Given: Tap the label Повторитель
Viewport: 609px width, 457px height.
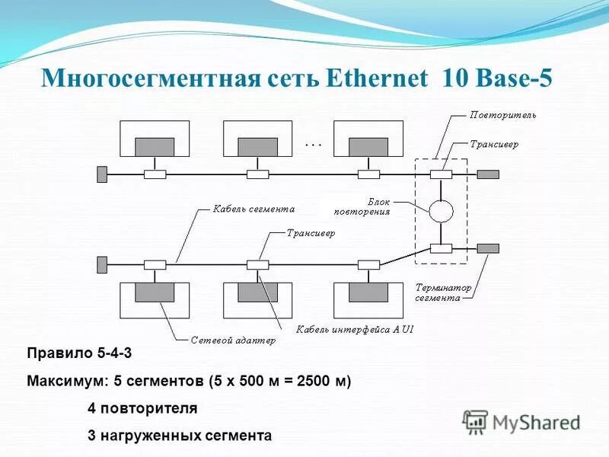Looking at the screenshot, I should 503,116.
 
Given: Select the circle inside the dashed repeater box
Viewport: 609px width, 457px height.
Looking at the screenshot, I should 441,210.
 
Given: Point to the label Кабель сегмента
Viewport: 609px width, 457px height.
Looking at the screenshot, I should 253,208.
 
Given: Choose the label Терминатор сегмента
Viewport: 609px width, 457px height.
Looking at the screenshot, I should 443,293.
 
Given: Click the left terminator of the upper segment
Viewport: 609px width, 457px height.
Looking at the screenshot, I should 102,174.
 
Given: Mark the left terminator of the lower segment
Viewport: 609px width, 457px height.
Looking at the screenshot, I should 102,264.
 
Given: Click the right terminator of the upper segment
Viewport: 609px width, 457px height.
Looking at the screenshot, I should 488,174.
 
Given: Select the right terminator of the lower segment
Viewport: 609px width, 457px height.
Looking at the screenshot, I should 488,248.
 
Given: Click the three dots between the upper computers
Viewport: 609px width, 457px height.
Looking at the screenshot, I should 314,143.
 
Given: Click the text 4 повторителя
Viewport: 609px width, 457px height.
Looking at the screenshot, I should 142,408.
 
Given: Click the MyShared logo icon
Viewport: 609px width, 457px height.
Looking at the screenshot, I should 476,421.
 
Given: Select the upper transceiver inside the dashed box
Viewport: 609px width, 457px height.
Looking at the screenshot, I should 441,174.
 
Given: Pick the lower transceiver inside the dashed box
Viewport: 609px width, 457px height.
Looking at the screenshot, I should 441,248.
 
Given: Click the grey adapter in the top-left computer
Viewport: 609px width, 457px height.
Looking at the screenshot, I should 155,146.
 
